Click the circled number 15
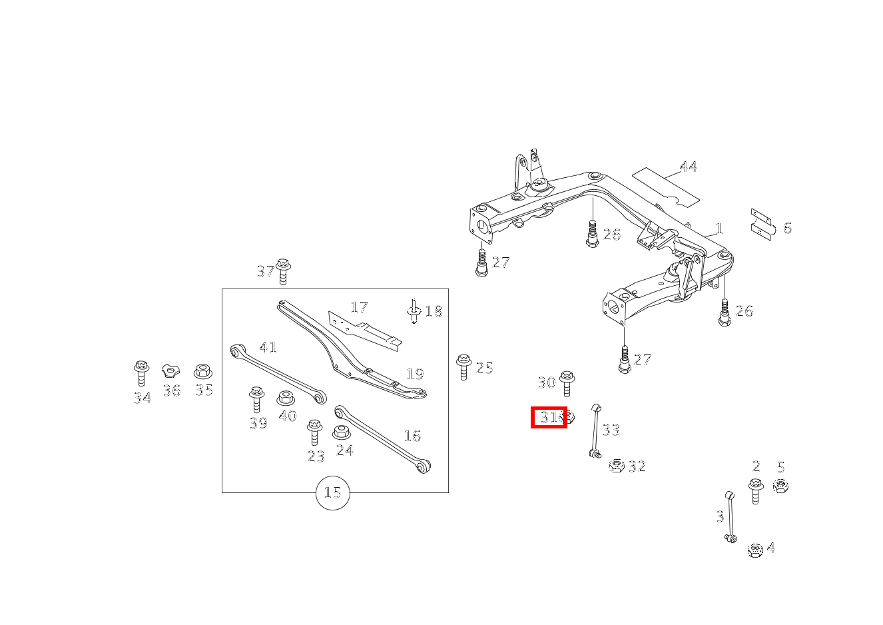click(332, 493)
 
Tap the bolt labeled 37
click(283, 271)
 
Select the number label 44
click(688, 167)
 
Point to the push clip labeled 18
click(414, 312)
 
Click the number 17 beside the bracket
click(359, 307)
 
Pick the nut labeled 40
click(286, 398)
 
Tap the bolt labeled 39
click(256, 399)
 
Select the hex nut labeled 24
click(341, 432)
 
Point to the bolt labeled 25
click(463, 367)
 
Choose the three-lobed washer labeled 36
click(171, 371)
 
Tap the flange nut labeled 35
click(203, 371)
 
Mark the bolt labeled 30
click(567, 383)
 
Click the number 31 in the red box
click(549, 417)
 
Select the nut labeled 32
click(617, 466)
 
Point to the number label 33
click(611, 430)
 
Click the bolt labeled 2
click(755, 490)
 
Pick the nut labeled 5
click(780, 486)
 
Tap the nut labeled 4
click(754, 550)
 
